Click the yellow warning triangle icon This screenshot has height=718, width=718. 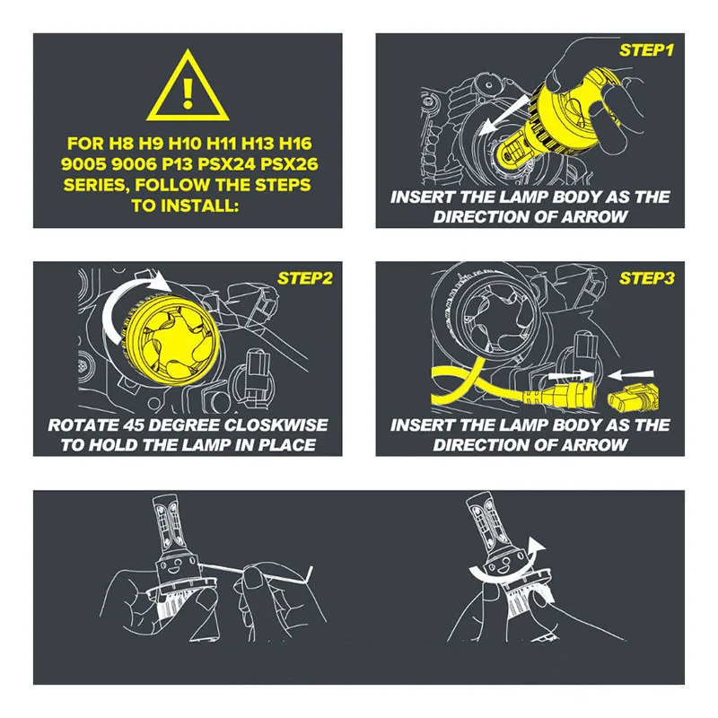pyautogui.click(x=188, y=87)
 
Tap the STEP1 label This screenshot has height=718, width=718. pyautogui.click(x=646, y=50)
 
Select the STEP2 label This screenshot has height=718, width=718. pyautogui.click(x=304, y=278)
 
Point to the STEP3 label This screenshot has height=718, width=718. pyautogui.click(x=646, y=278)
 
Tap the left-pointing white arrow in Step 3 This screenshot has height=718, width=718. pyautogui.click(x=631, y=375)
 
